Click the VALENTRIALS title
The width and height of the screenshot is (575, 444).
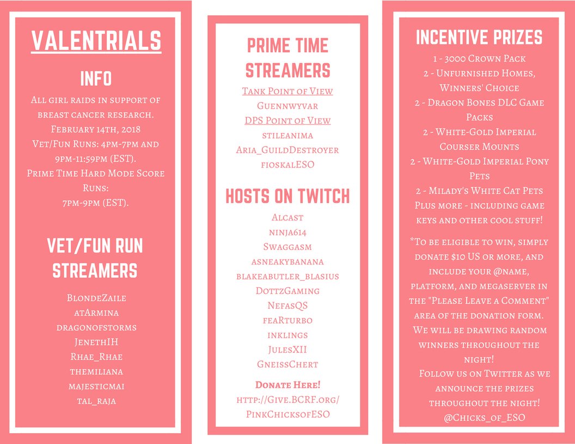click(x=96, y=41)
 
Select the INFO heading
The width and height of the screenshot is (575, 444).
click(x=96, y=78)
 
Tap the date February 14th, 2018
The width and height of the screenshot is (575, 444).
click(x=96, y=129)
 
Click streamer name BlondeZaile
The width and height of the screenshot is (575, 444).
click(x=96, y=298)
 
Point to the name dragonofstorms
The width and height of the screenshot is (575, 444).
click(x=96, y=328)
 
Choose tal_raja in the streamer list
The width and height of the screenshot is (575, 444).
click(x=96, y=401)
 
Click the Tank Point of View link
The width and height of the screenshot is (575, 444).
click(x=287, y=91)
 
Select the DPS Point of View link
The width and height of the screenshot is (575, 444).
click(x=287, y=120)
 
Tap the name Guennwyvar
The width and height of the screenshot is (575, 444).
click(x=287, y=106)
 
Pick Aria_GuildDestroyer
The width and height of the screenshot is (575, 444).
click(x=287, y=150)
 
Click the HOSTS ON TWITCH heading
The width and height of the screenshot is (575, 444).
click(x=287, y=196)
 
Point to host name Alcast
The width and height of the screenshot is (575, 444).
click(x=287, y=218)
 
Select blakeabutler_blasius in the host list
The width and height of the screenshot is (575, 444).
click(x=287, y=276)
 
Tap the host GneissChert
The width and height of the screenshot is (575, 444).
click(x=287, y=364)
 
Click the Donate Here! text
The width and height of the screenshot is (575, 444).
click(x=287, y=385)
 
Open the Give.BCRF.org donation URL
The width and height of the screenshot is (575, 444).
click(x=287, y=400)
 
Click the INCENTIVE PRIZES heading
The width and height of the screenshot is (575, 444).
click(x=479, y=37)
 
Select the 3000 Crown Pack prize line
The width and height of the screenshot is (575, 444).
click(x=479, y=58)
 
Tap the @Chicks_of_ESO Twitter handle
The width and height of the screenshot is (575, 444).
click(x=479, y=417)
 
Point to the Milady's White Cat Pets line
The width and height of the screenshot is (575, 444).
click(x=479, y=191)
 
